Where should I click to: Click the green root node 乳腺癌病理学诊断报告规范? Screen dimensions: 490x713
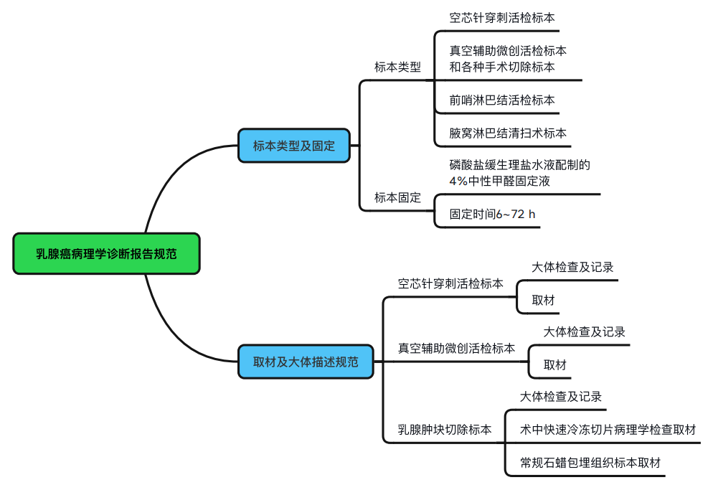click(x=106, y=253)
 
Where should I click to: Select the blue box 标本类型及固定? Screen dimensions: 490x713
click(x=293, y=146)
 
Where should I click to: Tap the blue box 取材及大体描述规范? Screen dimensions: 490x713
click(x=306, y=362)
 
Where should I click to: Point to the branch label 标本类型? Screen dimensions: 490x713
click(x=397, y=67)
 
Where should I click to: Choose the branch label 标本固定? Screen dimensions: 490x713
click(x=397, y=197)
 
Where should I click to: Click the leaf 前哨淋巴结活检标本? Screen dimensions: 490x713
click(x=501, y=100)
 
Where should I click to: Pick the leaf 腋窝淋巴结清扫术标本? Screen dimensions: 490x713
click(x=508, y=133)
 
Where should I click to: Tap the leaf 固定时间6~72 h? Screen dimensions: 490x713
click(x=492, y=214)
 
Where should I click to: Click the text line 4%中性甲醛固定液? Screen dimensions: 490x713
click(x=499, y=182)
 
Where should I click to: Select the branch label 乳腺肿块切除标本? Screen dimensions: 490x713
click(x=445, y=430)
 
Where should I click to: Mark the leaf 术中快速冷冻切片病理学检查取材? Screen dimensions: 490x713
click(x=608, y=430)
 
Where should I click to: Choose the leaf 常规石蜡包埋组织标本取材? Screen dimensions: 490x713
click(x=590, y=463)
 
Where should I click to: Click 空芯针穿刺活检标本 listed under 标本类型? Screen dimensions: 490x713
click(x=501, y=17)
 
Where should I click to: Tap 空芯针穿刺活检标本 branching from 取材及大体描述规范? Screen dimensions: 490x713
click(x=450, y=283)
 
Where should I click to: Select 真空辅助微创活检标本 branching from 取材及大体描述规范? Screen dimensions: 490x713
click(x=456, y=348)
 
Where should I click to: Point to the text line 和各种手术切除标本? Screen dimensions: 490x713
click(x=501, y=67)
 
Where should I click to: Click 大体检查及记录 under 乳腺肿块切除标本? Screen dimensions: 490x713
click(x=560, y=397)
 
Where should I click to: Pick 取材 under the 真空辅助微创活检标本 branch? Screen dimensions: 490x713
click(x=554, y=364)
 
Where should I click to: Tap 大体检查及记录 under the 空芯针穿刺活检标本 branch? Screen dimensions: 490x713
click(x=572, y=267)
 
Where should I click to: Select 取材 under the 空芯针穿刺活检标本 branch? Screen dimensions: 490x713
click(x=543, y=300)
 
